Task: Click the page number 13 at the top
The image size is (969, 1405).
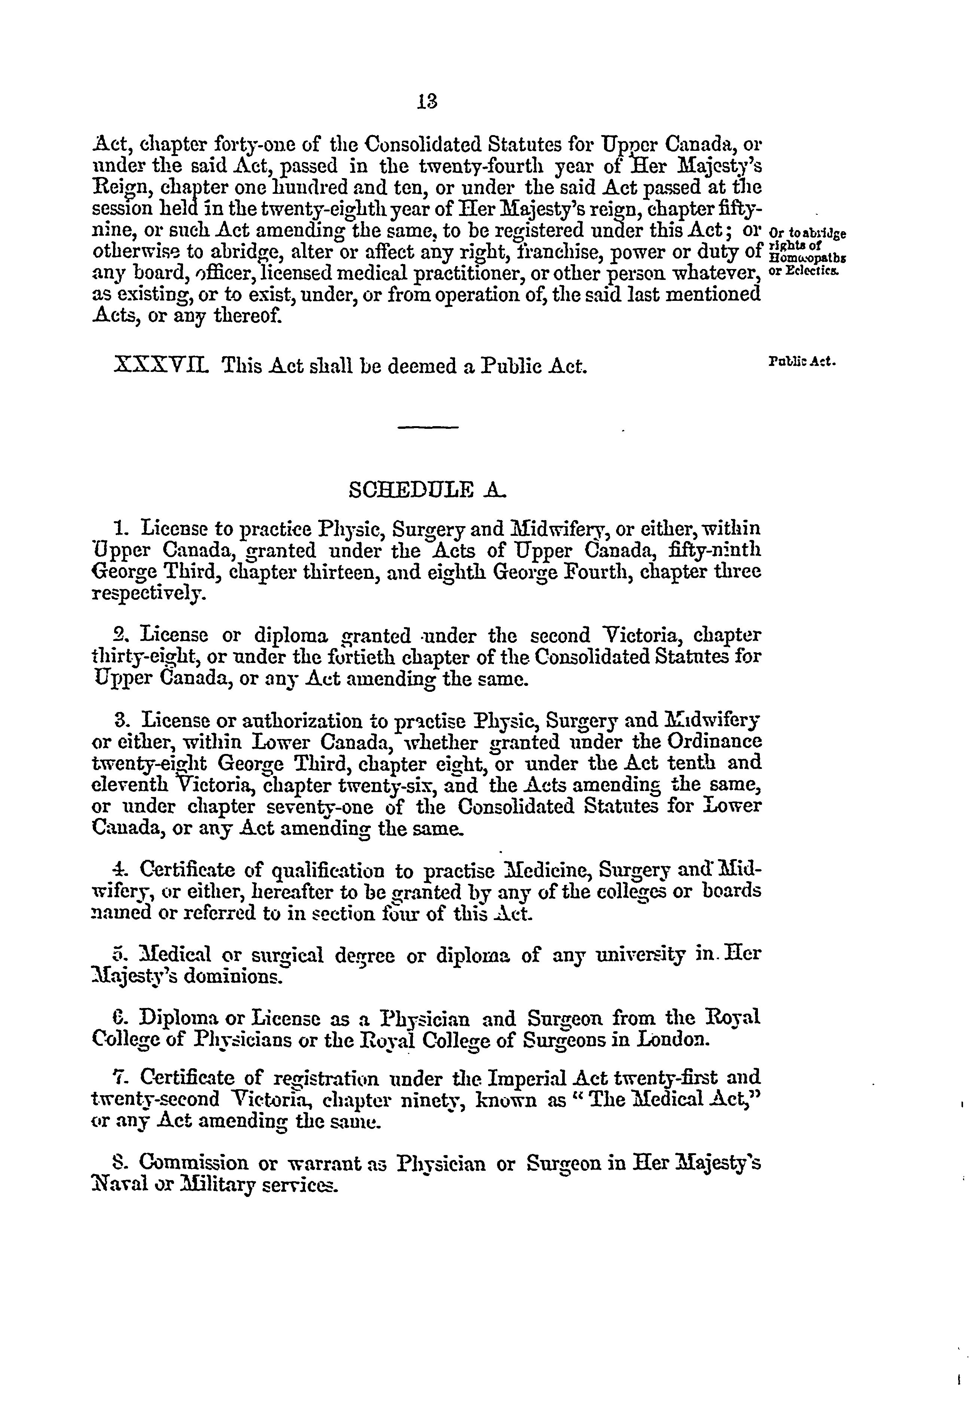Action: coord(427,101)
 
